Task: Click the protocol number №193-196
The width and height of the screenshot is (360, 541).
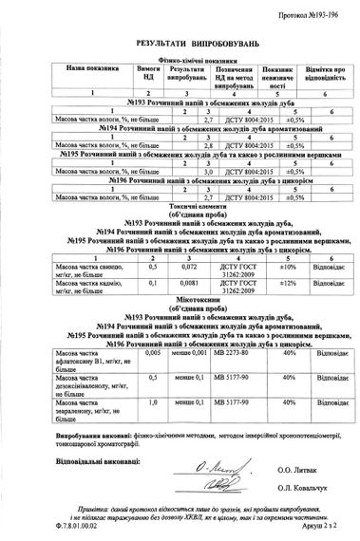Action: [313, 16]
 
